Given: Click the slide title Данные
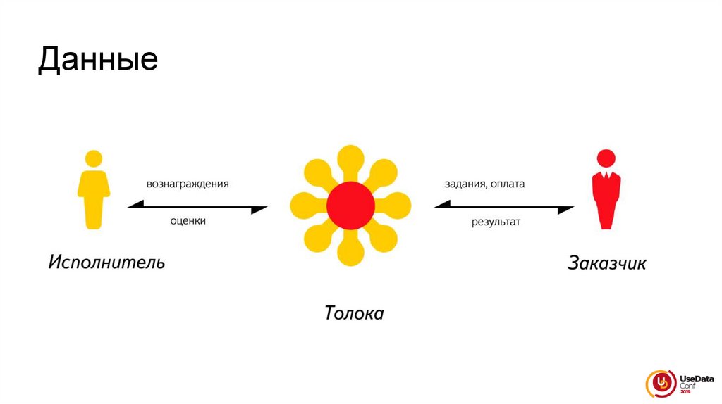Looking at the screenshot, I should pyautogui.click(x=97, y=60).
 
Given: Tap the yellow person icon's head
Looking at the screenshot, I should pyautogui.click(x=93, y=158).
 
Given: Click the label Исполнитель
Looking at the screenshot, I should pyautogui.click(x=106, y=263).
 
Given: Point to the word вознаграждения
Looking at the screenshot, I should pyautogui.click(x=188, y=184).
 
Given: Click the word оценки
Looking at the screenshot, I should pyautogui.click(x=188, y=220).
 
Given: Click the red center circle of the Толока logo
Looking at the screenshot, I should pyautogui.click(x=350, y=205).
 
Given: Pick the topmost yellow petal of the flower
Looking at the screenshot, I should pyautogui.click(x=350, y=156).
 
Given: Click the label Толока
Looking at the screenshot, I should pyautogui.click(x=354, y=313).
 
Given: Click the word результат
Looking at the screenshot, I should pyautogui.click(x=496, y=222).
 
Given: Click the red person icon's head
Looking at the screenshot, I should pyautogui.click(x=605, y=158).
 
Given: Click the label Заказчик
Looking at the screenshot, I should pyautogui.click(x=606, y=264).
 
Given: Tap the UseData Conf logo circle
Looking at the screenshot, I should pyautogui.click(x=661, y=383).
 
